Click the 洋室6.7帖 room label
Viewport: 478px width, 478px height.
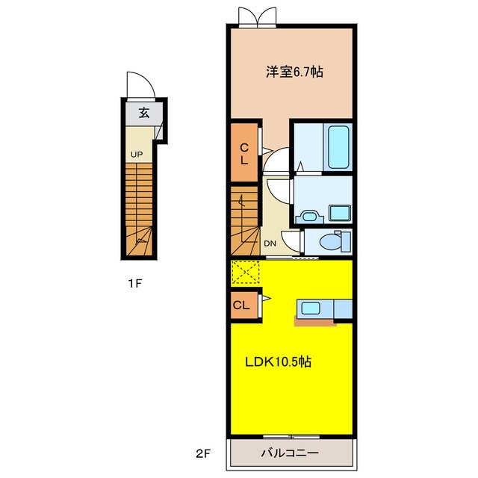click(x=294, y=72)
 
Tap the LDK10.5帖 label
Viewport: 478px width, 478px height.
click(x=279, y=361)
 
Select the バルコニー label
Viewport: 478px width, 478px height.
click(x=290, y=453)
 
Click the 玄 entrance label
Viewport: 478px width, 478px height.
click(x=144, y=113)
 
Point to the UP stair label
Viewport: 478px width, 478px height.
click(x=136, y=155)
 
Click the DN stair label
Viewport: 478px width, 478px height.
click(x=270, y=243)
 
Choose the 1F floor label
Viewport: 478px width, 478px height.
click(x=134, y=284)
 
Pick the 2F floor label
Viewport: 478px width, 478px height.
click(x=203, y=454)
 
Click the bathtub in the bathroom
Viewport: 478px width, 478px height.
click(x=338, y=147)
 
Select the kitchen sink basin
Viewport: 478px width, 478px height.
click(x=311, y=308)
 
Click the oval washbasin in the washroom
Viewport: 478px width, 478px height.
click(x=309, y=217)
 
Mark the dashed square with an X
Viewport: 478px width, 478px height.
click(x=246, y=272)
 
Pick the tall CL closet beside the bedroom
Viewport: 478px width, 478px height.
click(x=244, y=153)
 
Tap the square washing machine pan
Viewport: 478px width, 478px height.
click(x=339, y=212)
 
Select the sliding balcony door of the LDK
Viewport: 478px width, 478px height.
click(x=291, y=436)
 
